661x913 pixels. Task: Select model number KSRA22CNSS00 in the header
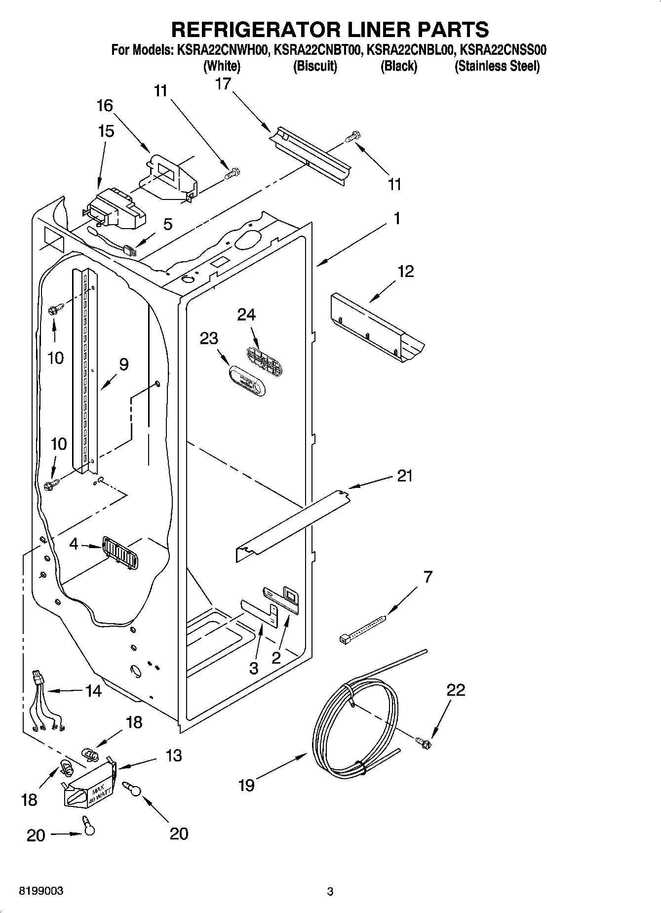(x=503, y=50)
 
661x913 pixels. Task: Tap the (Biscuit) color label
(x=315, y=66)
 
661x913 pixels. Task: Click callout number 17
(x=223, y=84)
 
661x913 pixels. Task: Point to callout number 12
(x=405, y=271)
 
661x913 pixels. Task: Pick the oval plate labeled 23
(x=246, y=381)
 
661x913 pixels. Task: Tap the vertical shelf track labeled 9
(x=84, y=370)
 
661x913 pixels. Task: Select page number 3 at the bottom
(x=330, y=892)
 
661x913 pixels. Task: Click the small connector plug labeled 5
(x=129, y=251)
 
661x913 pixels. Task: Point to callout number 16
(x=105, y=105)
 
